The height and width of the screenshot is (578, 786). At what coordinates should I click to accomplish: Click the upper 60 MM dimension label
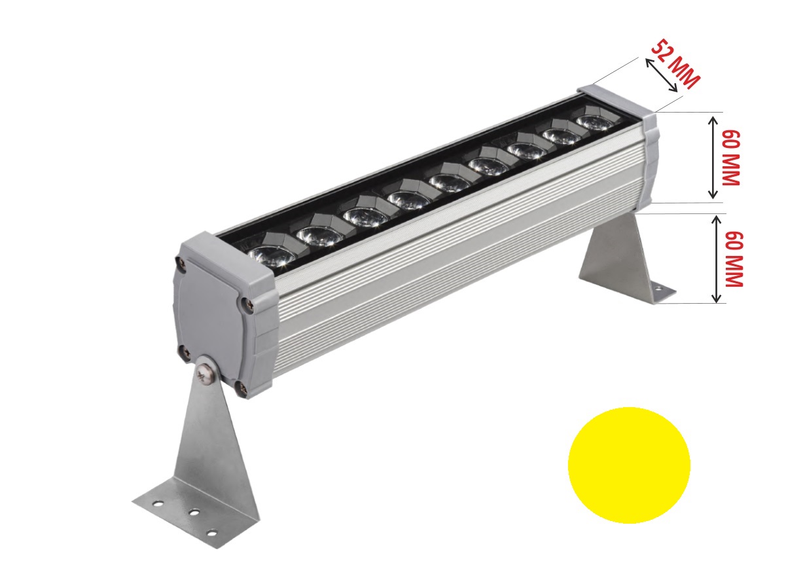pyautogui.click(x=731, y=158)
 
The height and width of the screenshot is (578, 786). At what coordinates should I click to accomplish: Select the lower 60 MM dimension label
pyautogui.click(x=734, y=259)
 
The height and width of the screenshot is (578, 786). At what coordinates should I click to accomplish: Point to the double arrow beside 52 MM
pyautogui.click(x=662, y=75)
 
